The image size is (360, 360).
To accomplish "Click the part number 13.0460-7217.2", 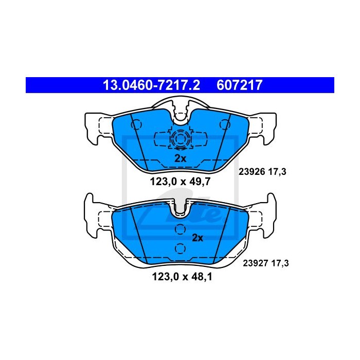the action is [x=152, y=85].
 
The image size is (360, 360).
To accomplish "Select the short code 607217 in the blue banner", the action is [x=240, y=85].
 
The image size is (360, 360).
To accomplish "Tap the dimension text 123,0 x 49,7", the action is [x=180, y=182].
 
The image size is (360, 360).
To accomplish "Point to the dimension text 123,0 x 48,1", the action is [x=182, y=277].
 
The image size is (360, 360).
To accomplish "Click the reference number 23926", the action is [x=252, y=171].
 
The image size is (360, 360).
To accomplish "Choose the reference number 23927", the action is [x=256, y=263].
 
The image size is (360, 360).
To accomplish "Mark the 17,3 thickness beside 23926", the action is [x=277, y=172].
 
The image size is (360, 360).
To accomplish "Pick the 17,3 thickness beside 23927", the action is [x=280, y=263].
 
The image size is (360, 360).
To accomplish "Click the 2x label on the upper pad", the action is [x=180, y=158].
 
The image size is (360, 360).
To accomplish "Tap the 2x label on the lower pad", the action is [x=197, y=238].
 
